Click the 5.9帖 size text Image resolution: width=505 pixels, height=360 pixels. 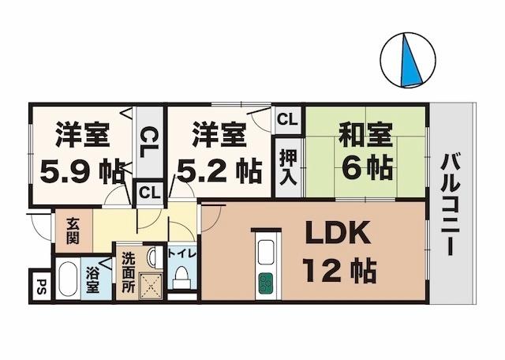click(81, 169)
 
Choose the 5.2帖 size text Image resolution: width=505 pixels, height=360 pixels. click(219, 169)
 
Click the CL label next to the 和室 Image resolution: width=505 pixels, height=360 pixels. click(287, 120)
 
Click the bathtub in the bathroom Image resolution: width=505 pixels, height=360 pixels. click(67, 279)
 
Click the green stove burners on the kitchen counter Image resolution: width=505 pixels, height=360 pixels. click(265, 282)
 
